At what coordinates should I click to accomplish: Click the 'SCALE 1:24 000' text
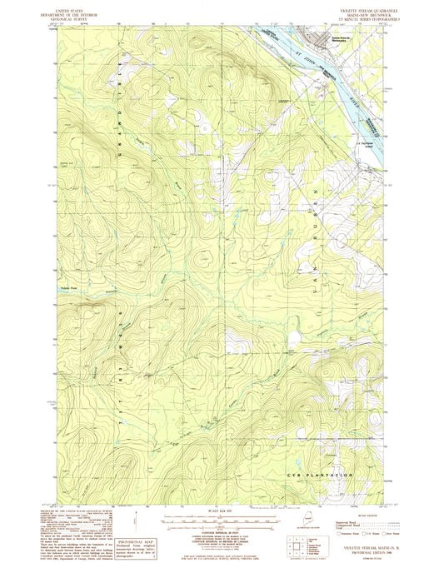221,509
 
